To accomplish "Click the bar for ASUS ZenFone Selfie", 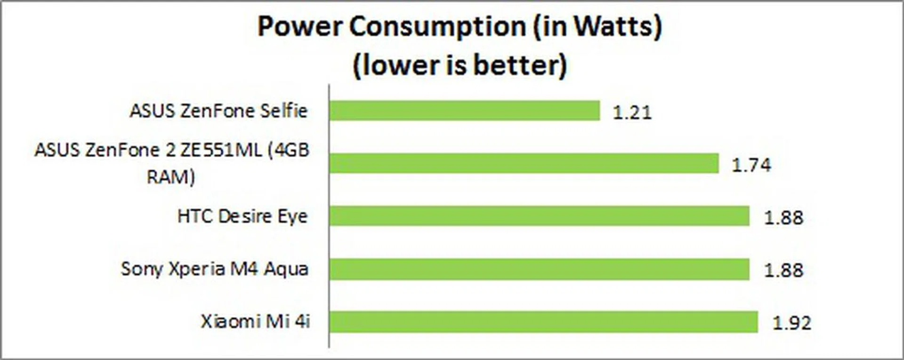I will pos(464,111).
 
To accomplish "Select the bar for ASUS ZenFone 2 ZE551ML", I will pos(524,163).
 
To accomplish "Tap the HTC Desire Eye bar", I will pos(539,216).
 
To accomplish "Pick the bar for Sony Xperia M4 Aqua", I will pos(539,269).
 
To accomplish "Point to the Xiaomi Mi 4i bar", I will pos(543,322).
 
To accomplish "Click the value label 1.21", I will pos(632,112).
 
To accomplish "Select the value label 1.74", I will pos(751,165).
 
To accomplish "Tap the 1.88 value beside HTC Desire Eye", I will pos(783,218).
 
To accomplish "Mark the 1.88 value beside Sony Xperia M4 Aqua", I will pos(783,271).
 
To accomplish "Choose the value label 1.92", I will pos(792,323).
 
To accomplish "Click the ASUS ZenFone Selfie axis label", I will pos(218,111).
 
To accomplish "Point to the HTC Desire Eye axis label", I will pos(242,216).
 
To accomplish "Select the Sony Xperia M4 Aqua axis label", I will pos(215,269).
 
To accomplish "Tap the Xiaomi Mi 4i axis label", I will pos(255,322).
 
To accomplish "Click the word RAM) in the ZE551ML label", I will pos(171,177).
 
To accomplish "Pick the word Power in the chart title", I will pos(300,26).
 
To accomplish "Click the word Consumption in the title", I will pos(437,27).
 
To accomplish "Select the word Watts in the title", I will pos(613,26).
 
